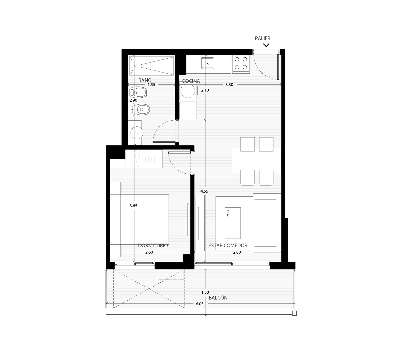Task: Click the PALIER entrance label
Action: click(262, 38)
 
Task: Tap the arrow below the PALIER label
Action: click(266, 45)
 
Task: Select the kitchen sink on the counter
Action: click(208, 63)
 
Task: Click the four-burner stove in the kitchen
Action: click(241, 63)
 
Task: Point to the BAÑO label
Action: click(145, 80)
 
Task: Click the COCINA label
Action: click(191, 81)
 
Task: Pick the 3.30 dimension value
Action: click(229, 85)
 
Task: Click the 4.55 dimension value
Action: click(204, 191)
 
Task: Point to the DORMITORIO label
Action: click(153, 245)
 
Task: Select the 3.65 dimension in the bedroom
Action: click(133, 206)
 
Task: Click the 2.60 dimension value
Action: click(149, 252)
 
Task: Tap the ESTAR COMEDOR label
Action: click(228, 245)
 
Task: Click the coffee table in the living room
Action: click(233, 223)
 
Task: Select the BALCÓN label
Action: click(218, 298)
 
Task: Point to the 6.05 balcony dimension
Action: click(199, 304)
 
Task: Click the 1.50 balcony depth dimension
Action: click(205, 292)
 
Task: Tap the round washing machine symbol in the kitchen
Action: click(188, 91)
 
